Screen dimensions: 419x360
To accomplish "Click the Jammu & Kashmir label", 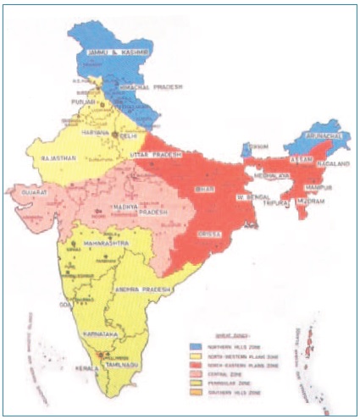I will point(111,52).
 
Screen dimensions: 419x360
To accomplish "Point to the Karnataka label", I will point(100,334).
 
